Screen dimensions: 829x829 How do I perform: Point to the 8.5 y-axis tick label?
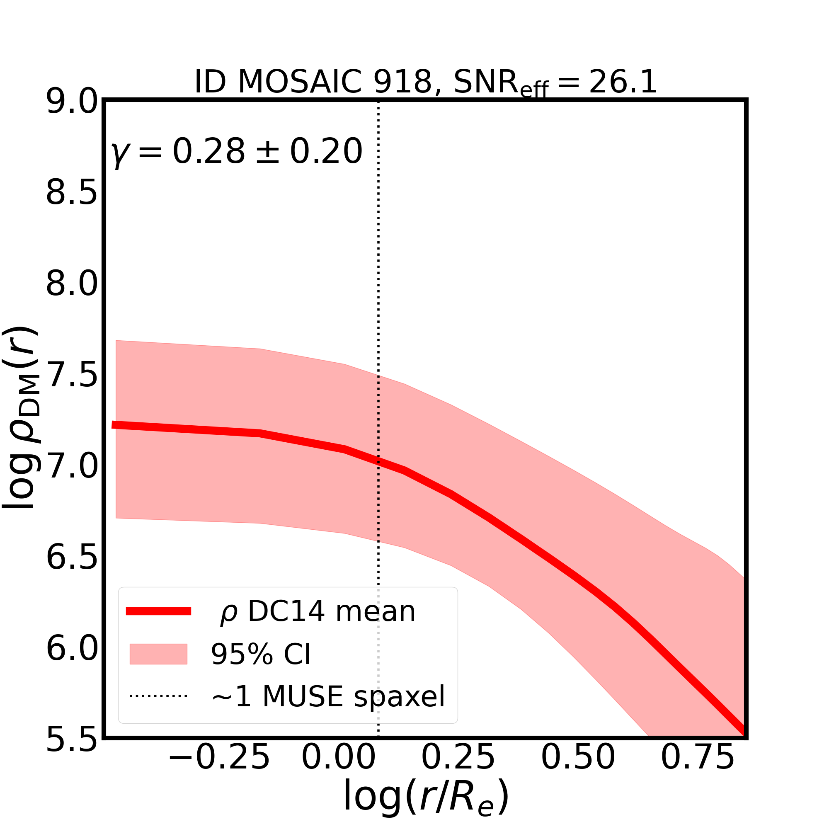pos(72,193)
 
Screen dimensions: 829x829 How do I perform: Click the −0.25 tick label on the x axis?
pos(219,770)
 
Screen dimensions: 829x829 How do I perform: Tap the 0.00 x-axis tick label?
pos(339,770)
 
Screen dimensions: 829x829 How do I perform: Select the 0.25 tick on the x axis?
pos(458,770)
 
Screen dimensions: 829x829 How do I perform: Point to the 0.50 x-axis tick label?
pos(578,770)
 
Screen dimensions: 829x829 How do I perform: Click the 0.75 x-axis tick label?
pos(698,770)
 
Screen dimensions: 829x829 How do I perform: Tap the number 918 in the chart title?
pos(402,82)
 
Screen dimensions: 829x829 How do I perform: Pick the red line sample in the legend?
pos(158,611)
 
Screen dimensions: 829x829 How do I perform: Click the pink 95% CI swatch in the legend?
pos(158,654)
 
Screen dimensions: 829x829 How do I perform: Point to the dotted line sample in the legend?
pos(158,696)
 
